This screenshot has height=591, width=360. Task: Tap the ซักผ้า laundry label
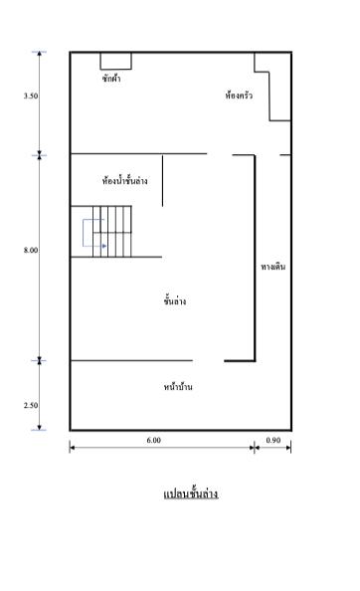point(111,79)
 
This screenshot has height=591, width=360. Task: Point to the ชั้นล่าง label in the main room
point(175,300)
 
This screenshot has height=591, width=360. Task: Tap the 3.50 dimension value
point(31,97)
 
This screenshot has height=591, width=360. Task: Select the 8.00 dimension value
point(31,250)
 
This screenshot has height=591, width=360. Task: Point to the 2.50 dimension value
point(31,405)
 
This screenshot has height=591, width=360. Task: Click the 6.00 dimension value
point(153,439)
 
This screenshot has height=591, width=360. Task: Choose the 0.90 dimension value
point(273,439)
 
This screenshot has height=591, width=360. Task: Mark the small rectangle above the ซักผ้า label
point(115,61)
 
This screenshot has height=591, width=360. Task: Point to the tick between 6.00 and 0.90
point(255,448)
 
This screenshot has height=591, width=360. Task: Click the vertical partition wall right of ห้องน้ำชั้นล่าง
point(162,179)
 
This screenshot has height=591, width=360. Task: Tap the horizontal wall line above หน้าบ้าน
point(129,360)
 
